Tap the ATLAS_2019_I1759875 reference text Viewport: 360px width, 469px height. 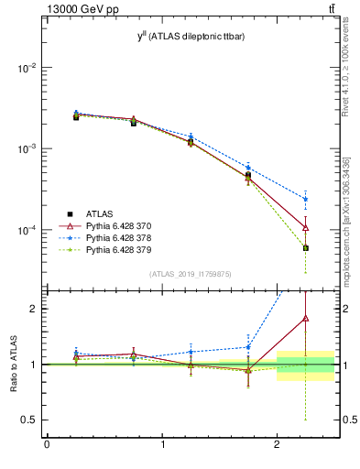tap(191, 273)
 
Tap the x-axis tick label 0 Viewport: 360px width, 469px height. tap(47, 448)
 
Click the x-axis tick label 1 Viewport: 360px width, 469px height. tap(162, 448)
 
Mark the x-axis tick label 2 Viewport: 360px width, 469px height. tap(278, 448)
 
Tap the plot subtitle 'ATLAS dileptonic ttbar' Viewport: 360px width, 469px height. tap(191, 35)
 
